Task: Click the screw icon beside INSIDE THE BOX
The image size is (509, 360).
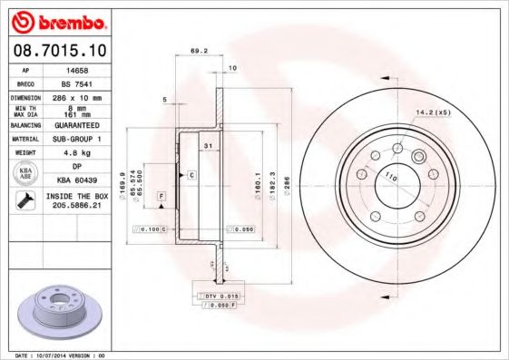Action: coord(20,201)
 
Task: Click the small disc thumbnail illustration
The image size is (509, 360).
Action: coord(56,311)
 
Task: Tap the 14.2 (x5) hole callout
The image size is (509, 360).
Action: coord(433,112)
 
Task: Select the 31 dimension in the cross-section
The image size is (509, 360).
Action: coord(207,145)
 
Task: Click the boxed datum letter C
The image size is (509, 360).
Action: coord(191,173)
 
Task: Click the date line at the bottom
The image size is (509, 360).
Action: coord(61,355)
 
